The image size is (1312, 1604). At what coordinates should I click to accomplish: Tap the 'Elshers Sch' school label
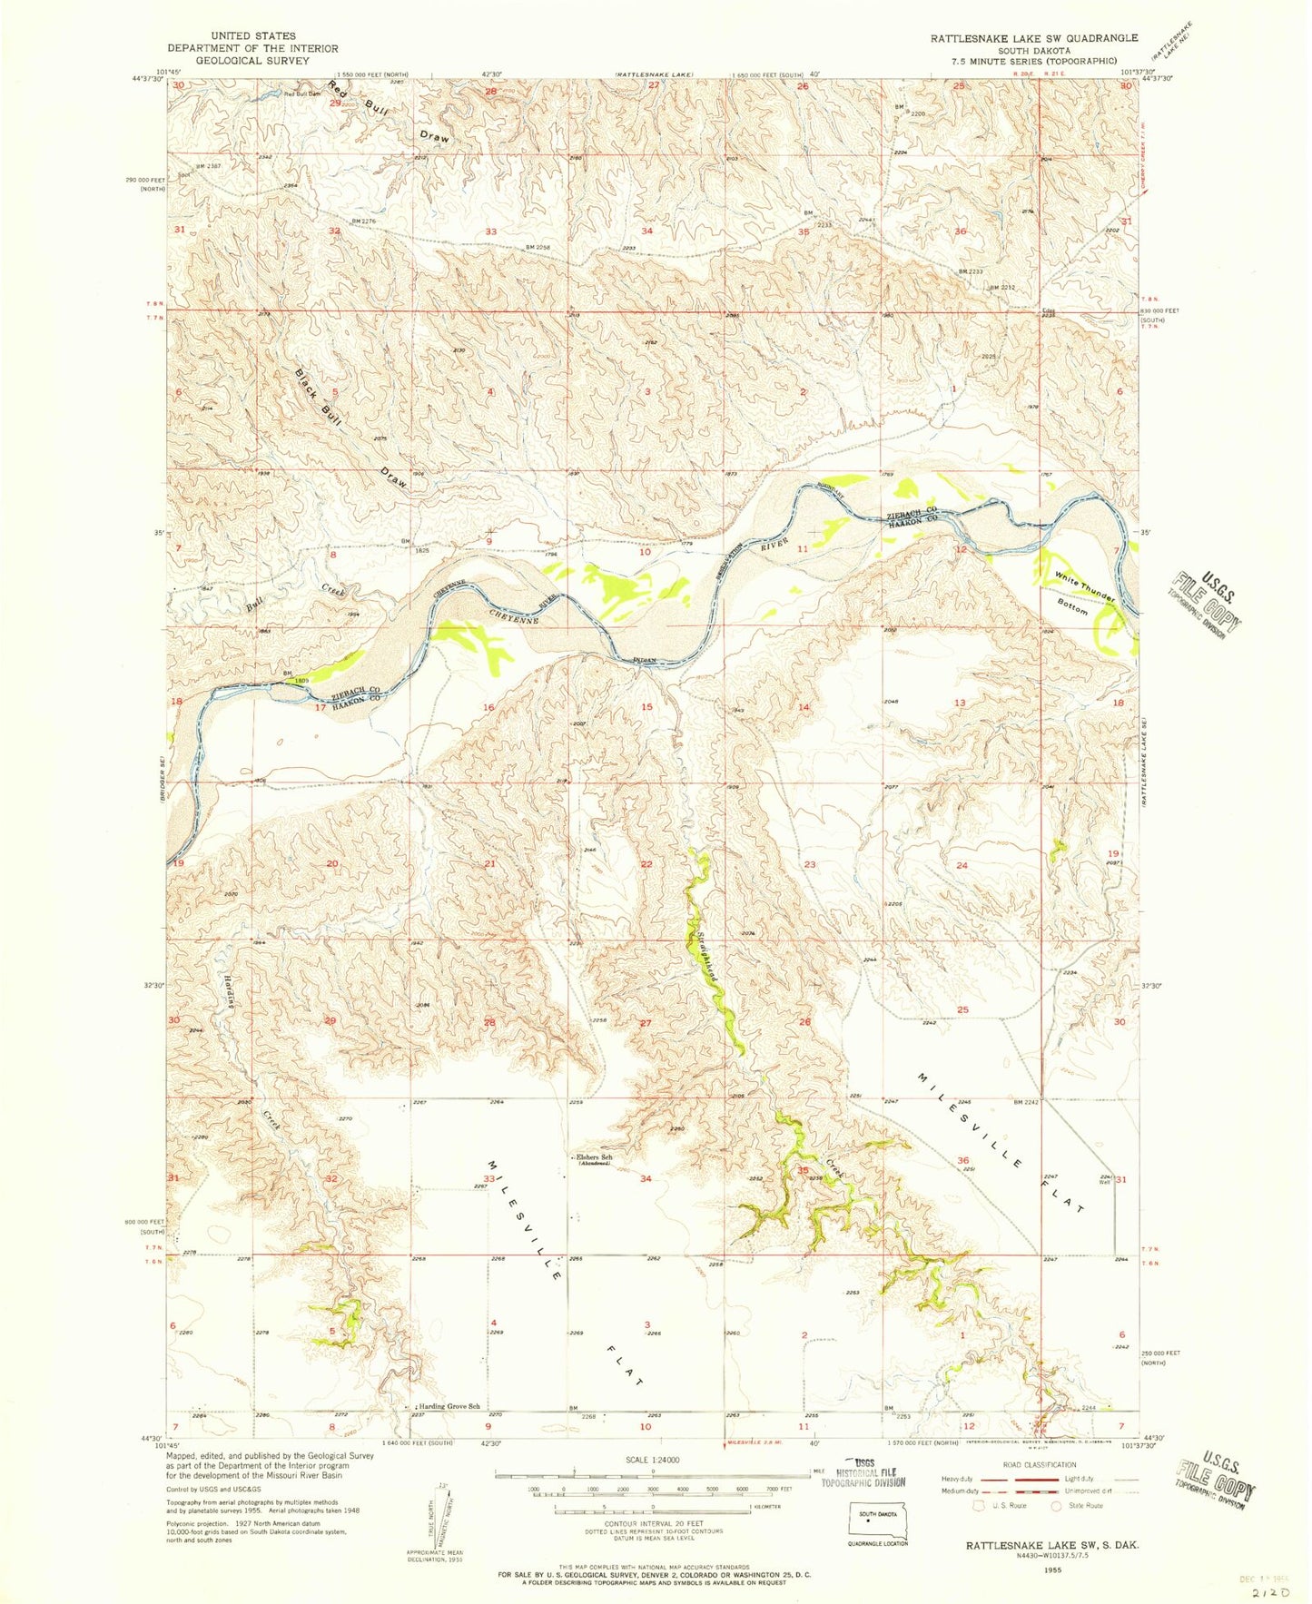[595, 1157]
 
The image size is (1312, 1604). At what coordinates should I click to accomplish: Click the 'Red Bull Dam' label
[302, 93]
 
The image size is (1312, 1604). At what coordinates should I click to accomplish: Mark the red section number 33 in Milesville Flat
[489, 1178]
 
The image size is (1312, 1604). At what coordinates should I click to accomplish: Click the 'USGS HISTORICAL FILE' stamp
[863, 1476]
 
